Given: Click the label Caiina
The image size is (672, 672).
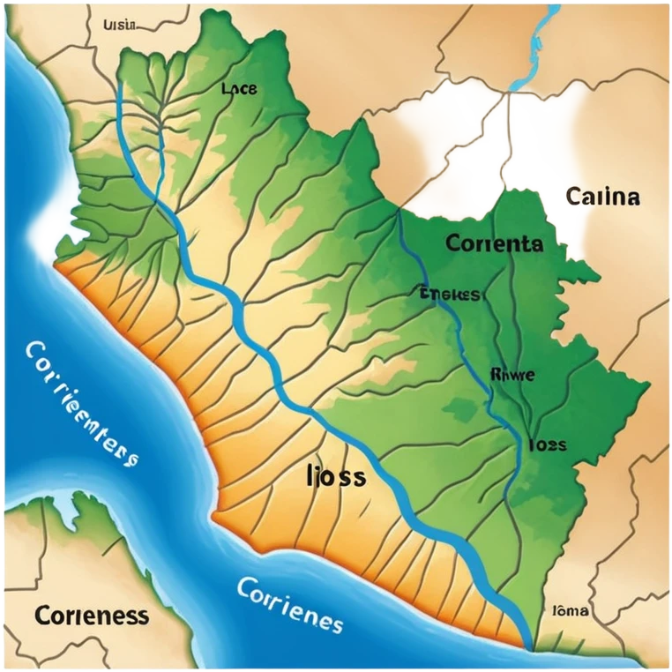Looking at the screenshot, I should coord(602,196).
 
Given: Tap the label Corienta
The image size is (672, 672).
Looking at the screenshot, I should coord(494,243).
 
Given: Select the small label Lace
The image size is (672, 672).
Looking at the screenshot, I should coord(239,88).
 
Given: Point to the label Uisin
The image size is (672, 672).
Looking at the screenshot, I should coord(120,25).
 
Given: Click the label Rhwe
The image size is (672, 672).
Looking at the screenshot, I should coord(511,374).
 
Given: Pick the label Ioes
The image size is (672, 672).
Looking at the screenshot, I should coord(547,444).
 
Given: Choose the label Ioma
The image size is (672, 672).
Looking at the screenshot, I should coord(571,610).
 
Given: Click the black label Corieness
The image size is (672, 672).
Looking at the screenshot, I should coord(92,615).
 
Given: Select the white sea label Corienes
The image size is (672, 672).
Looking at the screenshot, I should coord(290,603).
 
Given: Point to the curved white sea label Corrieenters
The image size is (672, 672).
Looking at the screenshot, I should coord(79,401).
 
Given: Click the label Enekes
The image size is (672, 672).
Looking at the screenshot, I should coord(451,294).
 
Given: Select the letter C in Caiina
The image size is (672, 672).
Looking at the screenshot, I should coord(574,196).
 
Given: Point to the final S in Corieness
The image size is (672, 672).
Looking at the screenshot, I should coord(142,616).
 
